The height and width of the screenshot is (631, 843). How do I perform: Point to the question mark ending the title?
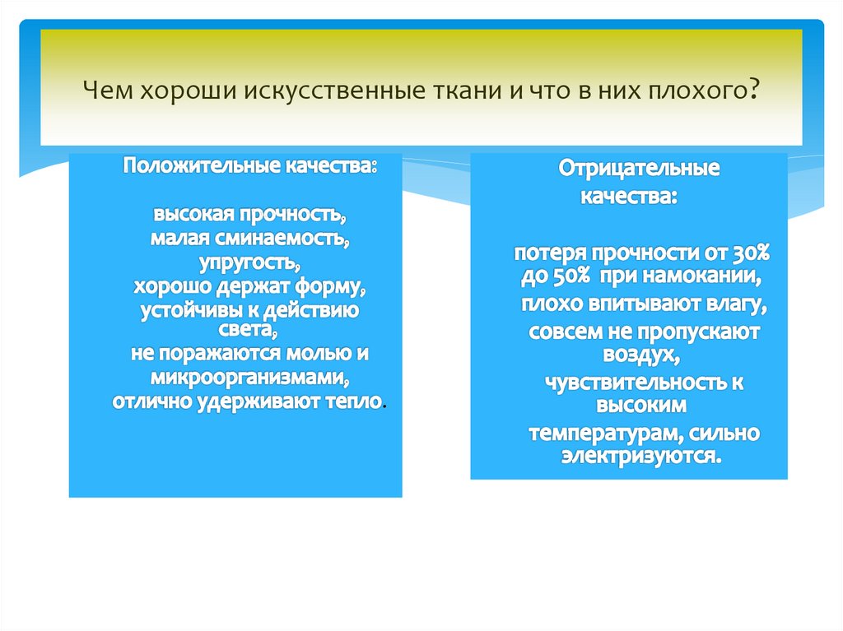[x=753, y=90]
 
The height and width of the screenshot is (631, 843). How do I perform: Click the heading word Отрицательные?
[x=640, y=169]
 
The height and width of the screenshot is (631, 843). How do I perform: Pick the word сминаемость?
[x=278, y=239]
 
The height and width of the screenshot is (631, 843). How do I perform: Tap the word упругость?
[x=249, y=264]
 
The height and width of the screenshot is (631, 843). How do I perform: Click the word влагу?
[x=734, y=305]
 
